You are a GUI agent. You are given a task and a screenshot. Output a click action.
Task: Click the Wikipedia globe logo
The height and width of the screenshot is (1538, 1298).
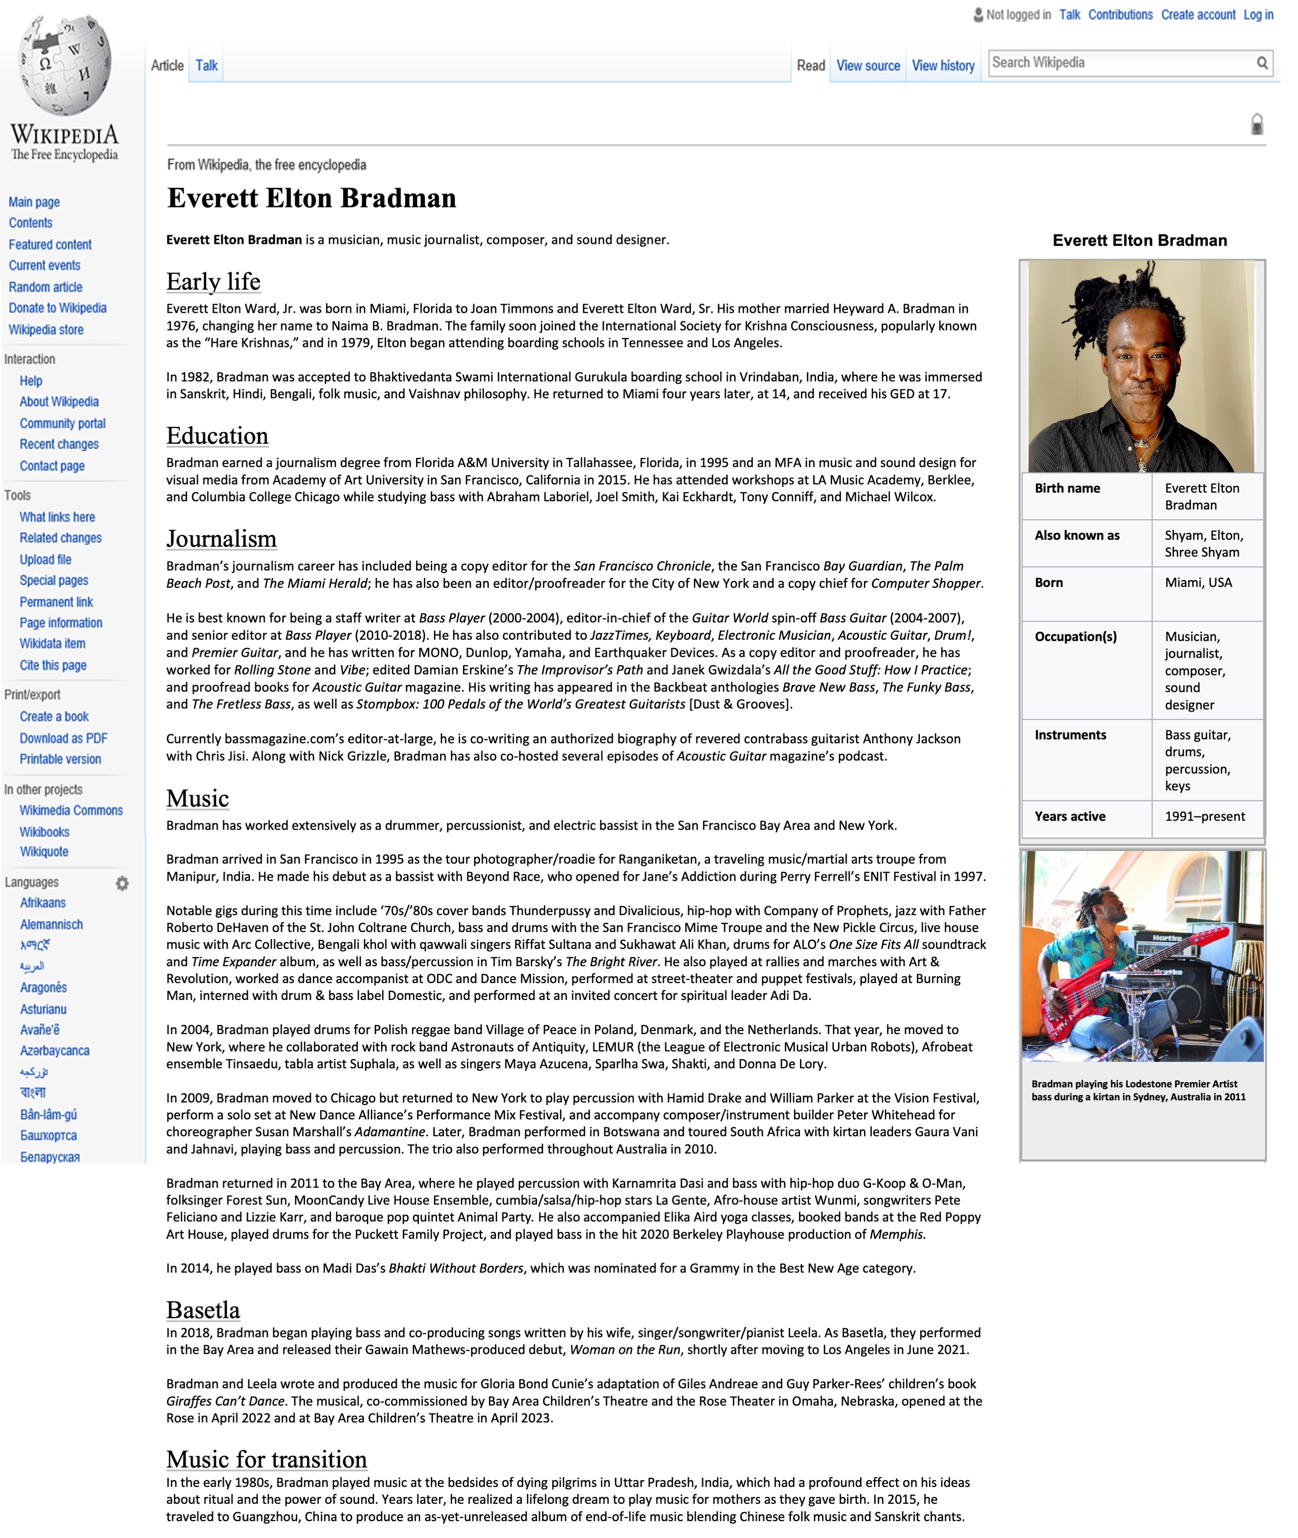(x=65, y=65)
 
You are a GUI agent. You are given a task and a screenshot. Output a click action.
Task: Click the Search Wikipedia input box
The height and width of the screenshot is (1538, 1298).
(x=1118, y=63)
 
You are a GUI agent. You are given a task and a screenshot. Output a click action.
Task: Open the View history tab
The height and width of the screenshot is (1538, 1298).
(x=943, y=66)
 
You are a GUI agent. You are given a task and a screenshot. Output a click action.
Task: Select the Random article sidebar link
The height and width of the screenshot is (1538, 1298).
(x=45, y=287)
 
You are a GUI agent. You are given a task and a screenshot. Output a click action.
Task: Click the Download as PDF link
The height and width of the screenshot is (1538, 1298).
(x=63, y=738)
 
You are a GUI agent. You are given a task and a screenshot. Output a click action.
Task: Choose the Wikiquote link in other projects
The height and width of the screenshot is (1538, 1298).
(x=44, y=852)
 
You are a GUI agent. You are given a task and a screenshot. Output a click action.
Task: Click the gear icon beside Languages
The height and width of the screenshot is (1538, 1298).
(x=122, y=883)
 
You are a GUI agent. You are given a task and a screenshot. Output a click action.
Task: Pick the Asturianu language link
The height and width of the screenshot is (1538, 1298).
(x=43, y=1009)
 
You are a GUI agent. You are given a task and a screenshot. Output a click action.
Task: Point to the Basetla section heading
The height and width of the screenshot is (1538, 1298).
(x=203, y=1310)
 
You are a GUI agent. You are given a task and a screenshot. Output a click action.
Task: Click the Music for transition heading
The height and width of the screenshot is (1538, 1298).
(x=267, y=1459)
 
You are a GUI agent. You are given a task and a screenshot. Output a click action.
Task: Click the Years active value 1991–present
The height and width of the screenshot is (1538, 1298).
(x=1205, y=817)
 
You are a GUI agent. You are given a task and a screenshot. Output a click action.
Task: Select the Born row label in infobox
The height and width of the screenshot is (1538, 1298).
(x=1048, y=583)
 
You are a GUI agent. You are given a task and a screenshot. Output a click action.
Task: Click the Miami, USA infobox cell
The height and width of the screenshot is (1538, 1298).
(x=1198, y=583)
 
